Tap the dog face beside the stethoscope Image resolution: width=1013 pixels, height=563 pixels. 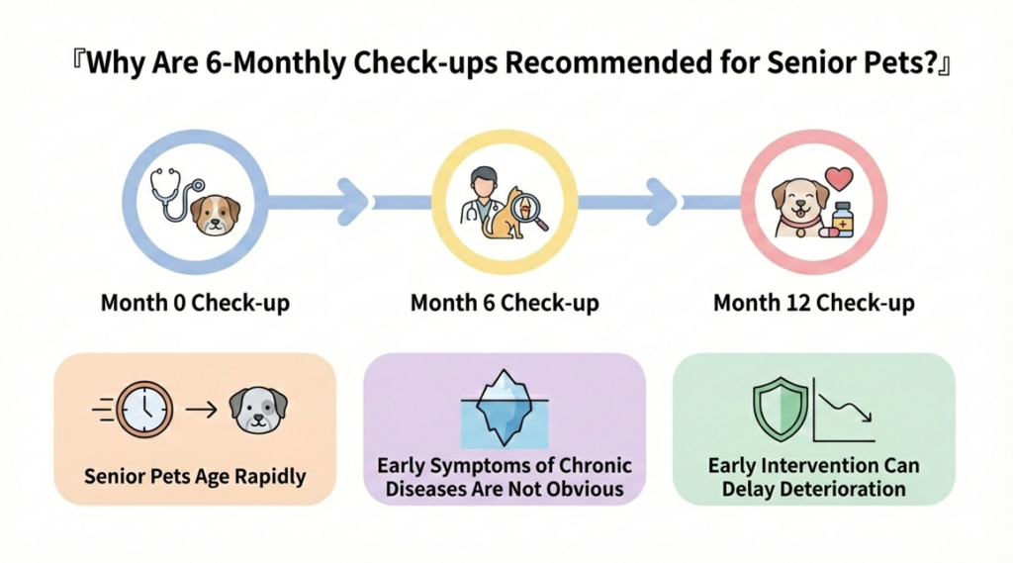tap(216, 214)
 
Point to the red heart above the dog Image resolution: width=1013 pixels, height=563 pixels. tap(839, 178)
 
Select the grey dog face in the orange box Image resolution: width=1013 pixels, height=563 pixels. tap(258, 411)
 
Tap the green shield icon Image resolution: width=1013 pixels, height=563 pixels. tap(781, 410)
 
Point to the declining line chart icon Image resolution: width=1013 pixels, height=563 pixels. tap(844, 410)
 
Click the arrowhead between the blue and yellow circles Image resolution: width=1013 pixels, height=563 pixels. tap(352, 202)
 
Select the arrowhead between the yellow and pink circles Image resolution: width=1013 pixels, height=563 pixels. tap(661, 202)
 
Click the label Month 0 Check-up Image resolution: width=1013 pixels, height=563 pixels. tap(195, 303)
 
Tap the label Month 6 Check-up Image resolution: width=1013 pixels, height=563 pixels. tap(505, 303)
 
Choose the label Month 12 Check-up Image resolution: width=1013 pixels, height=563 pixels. tap(813, 303)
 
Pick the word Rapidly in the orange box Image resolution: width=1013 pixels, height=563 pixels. tap(269, 477)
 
